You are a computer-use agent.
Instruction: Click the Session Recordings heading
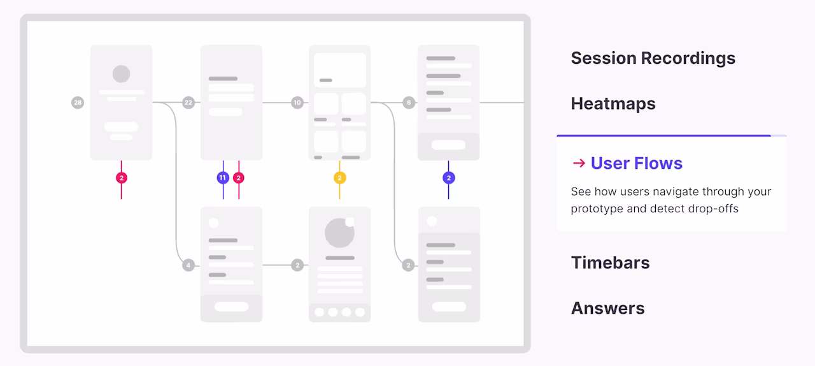point(653,58)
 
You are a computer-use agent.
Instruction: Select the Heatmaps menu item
point(613,104)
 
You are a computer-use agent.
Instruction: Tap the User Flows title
point(636,163)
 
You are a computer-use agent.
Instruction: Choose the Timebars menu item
point(610,263)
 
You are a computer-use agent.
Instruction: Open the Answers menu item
point(607,309)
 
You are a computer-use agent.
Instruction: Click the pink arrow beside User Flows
point(579,163)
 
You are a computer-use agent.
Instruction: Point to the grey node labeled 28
point(78,103)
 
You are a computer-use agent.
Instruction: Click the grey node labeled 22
point(188,103)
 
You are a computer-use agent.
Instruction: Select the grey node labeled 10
point(297,103)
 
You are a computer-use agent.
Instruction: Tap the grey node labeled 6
point(409,103)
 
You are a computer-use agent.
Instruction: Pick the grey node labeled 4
point(188,265)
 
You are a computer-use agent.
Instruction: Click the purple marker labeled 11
point(223,178)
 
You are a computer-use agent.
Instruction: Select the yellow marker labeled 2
point(340,178)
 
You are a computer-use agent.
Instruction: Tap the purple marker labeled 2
point(449,178)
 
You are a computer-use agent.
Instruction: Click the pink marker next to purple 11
point(239,178)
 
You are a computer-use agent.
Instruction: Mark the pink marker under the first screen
point(122,178)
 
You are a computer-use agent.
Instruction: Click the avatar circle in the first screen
point(121,74)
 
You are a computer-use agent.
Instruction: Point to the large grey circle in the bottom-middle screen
point(339,233)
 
